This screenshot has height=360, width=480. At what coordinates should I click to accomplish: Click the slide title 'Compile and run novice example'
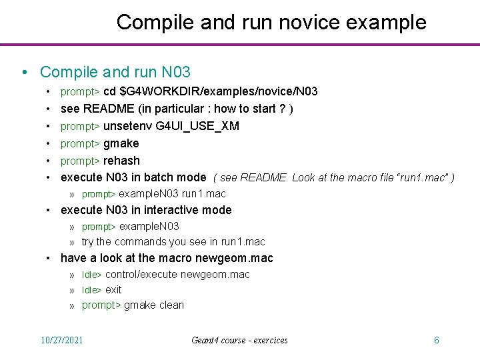click(x=271, y=22)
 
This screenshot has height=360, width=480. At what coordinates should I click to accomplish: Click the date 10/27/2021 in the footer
click(x=62, y=340)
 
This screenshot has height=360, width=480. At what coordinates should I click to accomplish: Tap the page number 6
click(x=436, y=340)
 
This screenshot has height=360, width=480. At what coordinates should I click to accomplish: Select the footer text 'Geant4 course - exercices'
click(x=239, y=340)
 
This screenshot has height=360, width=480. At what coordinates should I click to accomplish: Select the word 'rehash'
click(x=121, y=160)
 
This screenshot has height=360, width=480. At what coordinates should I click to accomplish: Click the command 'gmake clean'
click(x=154, y=305)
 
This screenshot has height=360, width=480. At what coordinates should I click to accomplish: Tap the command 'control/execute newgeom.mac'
click(x=177, y=274)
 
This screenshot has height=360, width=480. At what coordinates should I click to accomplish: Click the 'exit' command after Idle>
click(x=113, y=289)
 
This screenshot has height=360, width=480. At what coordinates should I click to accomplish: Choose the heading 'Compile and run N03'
click(x=115, y=71)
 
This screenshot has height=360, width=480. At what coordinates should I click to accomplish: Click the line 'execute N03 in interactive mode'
click(x=146, y=210)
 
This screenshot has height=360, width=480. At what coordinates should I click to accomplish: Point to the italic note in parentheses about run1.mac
click(x=334, y=178)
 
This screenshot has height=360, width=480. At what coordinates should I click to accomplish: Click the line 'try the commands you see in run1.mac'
click(x=173, y=241)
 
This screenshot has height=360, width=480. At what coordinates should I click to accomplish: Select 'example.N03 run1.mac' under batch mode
click(x=172, y=194)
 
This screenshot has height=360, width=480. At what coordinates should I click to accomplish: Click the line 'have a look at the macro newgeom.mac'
click(x=167, y=258)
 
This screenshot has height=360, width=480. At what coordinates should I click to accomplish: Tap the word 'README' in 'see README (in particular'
click(x=104, y=109)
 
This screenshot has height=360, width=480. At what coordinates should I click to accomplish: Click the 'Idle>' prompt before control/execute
click(x=91, y=275)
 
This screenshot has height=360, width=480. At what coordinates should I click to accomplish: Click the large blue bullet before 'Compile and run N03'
click(x=24, y=72)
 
